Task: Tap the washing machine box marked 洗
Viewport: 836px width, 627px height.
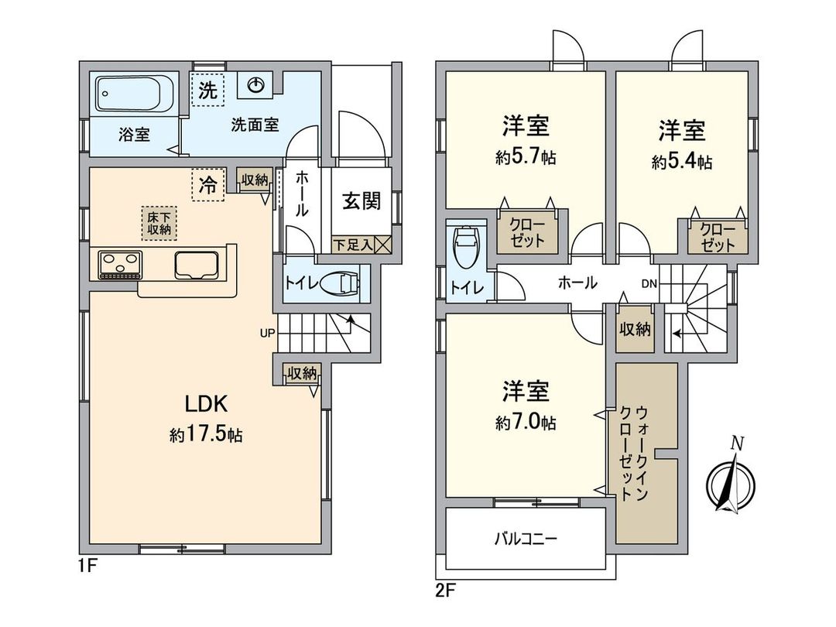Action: click(x=207, y=89)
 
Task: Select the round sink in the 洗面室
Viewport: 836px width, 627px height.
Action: click(x=255, y=86)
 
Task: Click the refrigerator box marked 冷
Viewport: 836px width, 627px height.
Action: click(x=207, y=184)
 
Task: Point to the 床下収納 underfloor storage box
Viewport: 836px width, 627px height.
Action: click(x=159, y=222)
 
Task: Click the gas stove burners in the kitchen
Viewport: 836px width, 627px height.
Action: click(x=121, y=265)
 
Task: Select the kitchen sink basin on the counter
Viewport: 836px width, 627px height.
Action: click(x=199, y=266)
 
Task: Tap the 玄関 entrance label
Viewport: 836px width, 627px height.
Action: click(x=361, y=201)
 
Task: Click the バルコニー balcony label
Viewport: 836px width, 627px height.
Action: click(x=526, y=538)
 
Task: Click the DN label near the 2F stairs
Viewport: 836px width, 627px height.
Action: click(x=649, y=283)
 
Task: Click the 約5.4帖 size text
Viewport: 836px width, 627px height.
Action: click(x=682, y=162)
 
